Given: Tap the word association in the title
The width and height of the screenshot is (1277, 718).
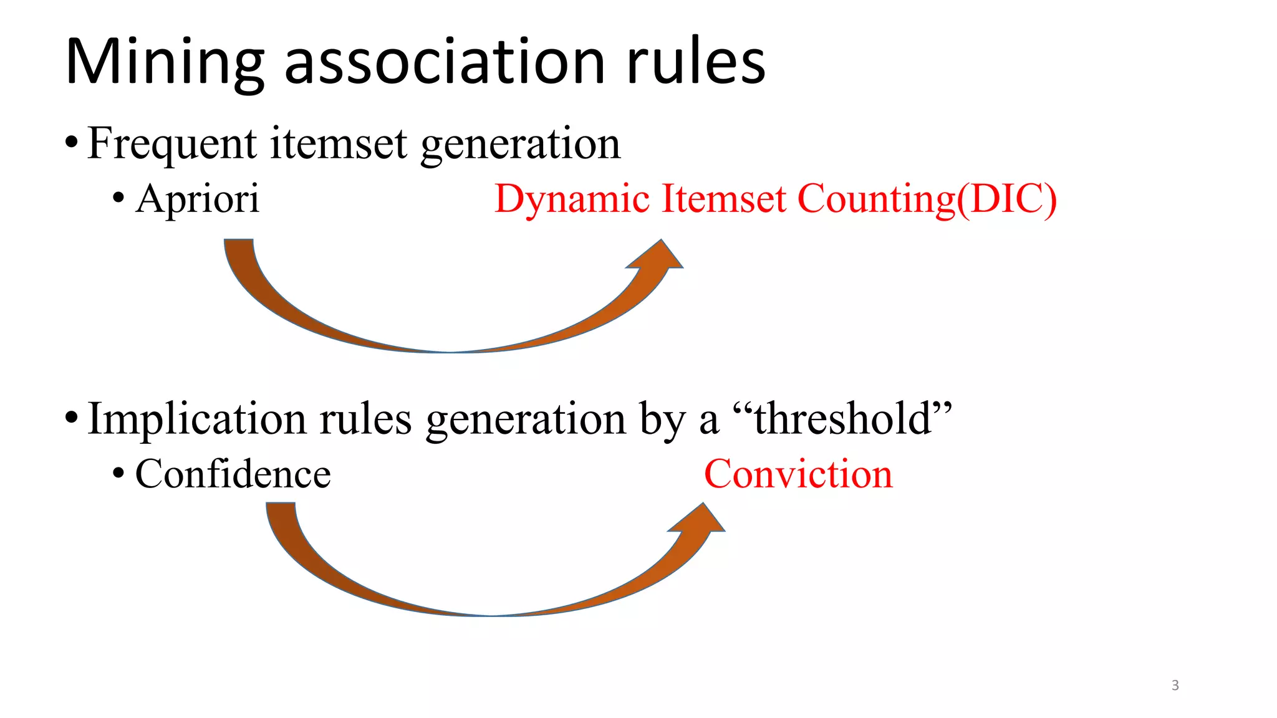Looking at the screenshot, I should click(x=444, y=62).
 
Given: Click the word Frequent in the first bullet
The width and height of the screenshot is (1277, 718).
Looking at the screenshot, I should click(x=171, y=143).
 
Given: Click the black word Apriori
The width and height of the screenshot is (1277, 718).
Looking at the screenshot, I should click(x=197, y=199).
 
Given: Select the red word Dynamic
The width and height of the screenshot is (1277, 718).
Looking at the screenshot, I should click(x=572, y=199).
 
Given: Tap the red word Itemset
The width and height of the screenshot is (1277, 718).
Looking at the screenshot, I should click(x=723, y=199).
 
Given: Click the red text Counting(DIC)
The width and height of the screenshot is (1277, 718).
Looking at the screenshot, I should click(x=927, y=199).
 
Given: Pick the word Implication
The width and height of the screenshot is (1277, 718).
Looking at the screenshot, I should click(x=196, y=419).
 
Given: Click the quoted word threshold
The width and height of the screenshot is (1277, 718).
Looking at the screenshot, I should click(x=843, y=419).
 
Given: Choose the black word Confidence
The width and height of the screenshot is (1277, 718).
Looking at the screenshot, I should click(x=233, y=474).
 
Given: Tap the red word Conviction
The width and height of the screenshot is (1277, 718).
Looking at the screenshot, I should click(x=798, y=474).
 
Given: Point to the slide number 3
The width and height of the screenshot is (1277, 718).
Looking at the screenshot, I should click(x=1175, y=686).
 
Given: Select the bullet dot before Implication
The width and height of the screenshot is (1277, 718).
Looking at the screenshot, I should click(x=72, y=419).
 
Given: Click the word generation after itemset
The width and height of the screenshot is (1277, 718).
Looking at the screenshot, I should click(x=521, y=143).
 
